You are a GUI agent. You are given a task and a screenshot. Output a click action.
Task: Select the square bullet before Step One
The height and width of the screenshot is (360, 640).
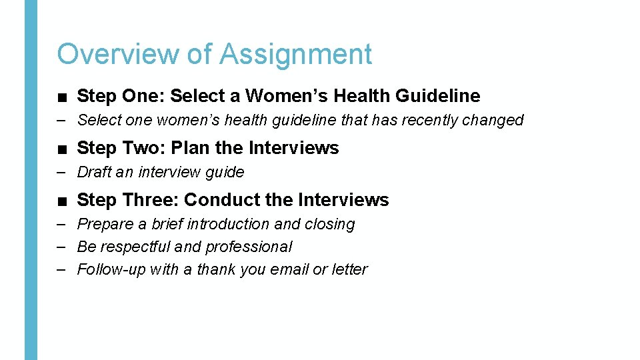click(x=61, y=97)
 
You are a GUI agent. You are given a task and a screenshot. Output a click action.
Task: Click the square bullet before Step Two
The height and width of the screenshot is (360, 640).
click(x=61, y=149)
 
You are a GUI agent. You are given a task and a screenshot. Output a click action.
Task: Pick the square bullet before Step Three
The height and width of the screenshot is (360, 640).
click(x=61, y=201)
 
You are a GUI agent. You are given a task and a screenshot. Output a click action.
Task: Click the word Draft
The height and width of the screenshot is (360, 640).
click(x=94, y=172)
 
